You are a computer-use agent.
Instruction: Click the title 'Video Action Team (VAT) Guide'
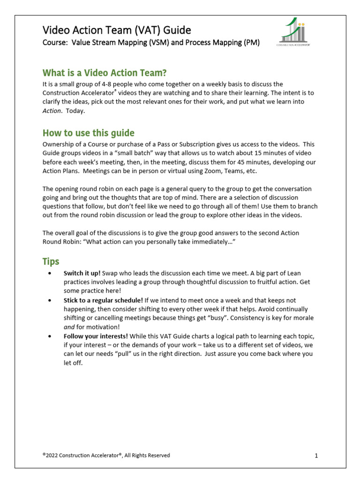pos(117,30)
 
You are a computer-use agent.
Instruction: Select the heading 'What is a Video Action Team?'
pos(105,73)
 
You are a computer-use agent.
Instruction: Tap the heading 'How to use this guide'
pos(89,133)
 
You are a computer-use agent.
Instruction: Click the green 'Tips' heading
pos(51,261)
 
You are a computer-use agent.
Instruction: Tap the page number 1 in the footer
pos(316,456)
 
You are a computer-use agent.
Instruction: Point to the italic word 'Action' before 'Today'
pos(52,111)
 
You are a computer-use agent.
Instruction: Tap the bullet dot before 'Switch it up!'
pos(49,273)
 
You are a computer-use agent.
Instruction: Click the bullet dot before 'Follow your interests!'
pos(49,336)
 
